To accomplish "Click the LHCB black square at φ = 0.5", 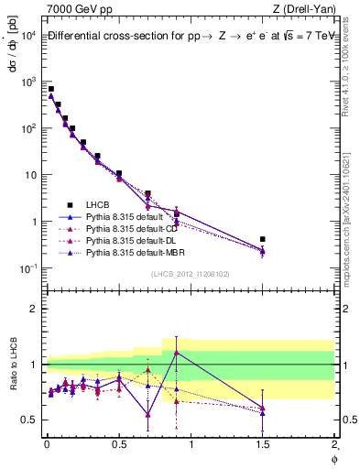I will pyautogui.click(x=119, y=173).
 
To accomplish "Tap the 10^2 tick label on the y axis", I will pyautogui.click(x=27, y=128).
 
